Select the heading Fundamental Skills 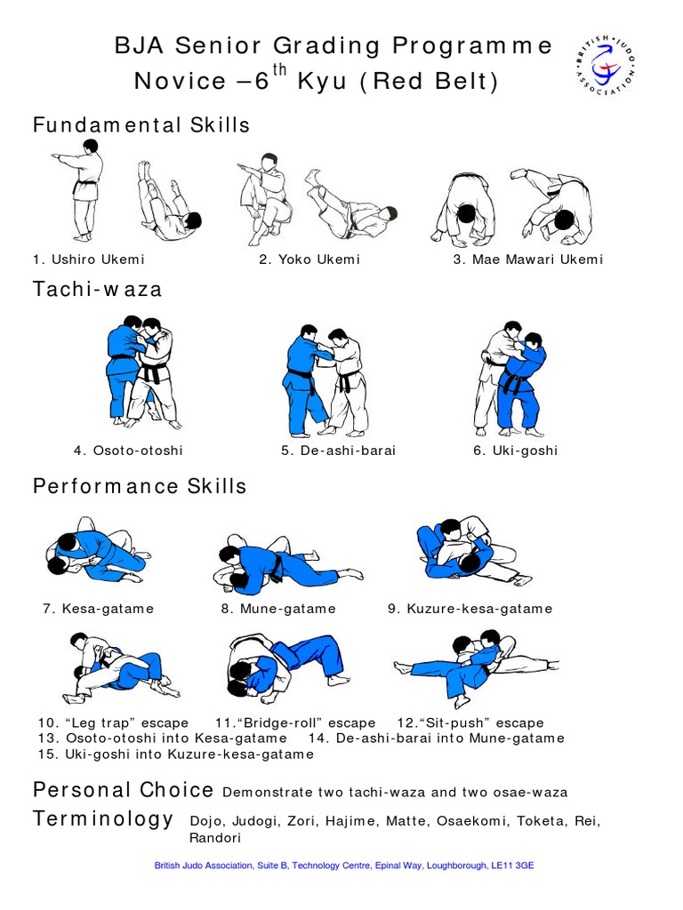pyautogui.click(x=141, y=125)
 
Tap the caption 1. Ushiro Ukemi pyautogui.click(x=89, y=259)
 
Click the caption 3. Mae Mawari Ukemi pyautogui.click(x=527, y=259)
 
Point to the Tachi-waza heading pyautogui.click(x=98, y=289)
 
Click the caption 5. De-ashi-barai pyautogui.click(x=339, y=451)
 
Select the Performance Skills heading pyautogui.click(x=140, y=486)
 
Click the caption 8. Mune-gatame pyautogui.click(x=278, y=609)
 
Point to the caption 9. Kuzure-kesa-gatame pyautogui.click(x=470, y=609)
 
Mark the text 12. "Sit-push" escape pyautogui.click(x=470, y=722)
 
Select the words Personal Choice pyautogui.click(x=123, y=790)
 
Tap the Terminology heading pyautogui.click(x=103, y=819)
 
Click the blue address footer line pyautogui.click(x=344, y=865)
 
